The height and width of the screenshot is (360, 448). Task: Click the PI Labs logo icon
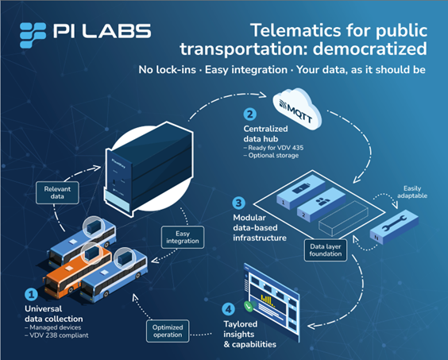pyautogui.click(x=33, y=35)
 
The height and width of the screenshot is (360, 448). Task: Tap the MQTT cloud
pyautogui.click(x=297, y=109)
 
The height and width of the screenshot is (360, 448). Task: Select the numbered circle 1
pyautogui.click(x=31, y=294)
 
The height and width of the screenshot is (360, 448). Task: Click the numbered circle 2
pyautogui.click(x=250, y=114)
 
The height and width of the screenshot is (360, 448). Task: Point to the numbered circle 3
pyautogui.click(x=238, y=203)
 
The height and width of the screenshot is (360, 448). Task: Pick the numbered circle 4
pyautogui.click(x=228, y=309)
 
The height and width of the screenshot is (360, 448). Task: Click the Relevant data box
pyautogui.click(x=57, y=193)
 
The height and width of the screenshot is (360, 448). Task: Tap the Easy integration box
pyautogui.click(x=183, y=237)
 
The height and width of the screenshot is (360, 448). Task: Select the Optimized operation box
pyautogui.click(x=168, y=331)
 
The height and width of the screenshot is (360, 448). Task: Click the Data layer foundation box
pyautogui.click(x=326, y=250)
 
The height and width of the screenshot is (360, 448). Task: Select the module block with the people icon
pyautogui.click(x=322, y=204)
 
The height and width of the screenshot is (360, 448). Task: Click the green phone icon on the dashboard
pyautogui.click(x=249, y=307)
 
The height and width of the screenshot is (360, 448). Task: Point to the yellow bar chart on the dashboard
pyautogui.click(x=268, y=300)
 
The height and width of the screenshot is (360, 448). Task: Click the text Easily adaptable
pyautogui.click(x=412, y=192)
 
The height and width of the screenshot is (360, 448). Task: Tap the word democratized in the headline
pyautogui.click(x=370, y=49)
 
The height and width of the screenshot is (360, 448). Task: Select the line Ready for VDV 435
pyautogui.click(x=273, y=148)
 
